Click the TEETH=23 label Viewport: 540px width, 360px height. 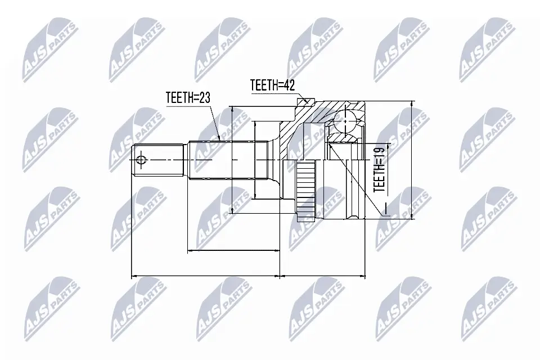(x=188, y=97)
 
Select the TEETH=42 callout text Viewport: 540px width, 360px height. (x=273, y=85)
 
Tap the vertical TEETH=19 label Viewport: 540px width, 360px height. (x=380, y=169)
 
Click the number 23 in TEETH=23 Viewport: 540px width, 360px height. (x=203, y=97)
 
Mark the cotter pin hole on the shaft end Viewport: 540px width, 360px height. (x=141, y=161)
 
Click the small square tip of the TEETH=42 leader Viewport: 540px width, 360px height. (x=307, y=102)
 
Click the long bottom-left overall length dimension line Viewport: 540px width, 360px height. (x=205, y=277)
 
